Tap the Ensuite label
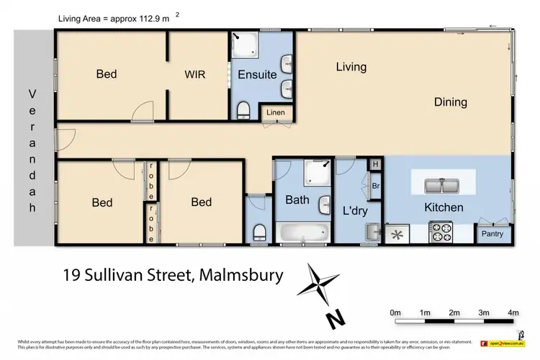[x=257, y=74]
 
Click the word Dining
[x=450, y=102]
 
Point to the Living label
[x=351, y=67]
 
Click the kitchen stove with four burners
[x=441, y=233]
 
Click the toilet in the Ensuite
[x=244, y=109]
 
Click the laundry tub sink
[x=373, y=232]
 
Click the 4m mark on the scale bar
[x=513, y=312]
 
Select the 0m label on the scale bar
[x=395, y=312]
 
